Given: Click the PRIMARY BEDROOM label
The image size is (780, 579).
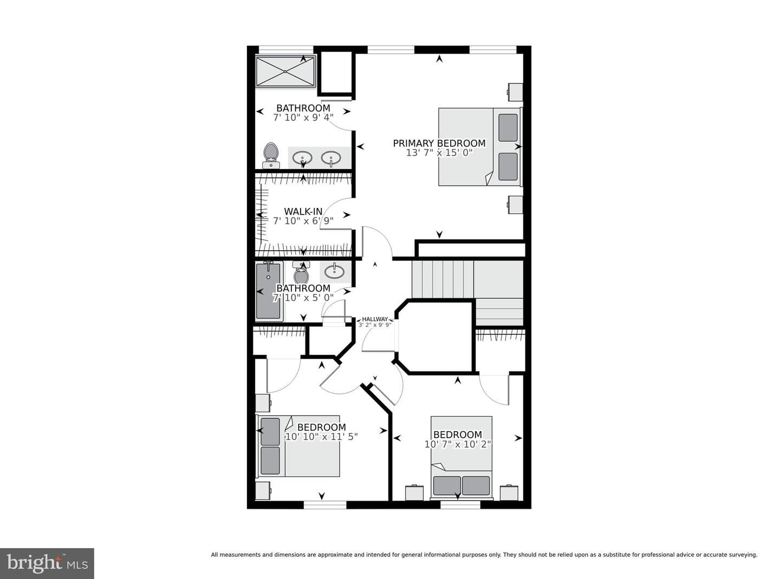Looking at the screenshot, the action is coord(439,144).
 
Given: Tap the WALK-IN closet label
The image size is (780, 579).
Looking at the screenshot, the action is coord(303,211).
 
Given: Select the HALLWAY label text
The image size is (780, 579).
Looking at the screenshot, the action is coord(375,319).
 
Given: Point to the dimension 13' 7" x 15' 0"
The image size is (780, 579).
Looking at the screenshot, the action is coord(439,153).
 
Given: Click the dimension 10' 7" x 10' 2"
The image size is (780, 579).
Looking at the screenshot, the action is coord(458,445).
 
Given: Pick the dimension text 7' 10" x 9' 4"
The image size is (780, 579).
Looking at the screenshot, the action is coord(303,118).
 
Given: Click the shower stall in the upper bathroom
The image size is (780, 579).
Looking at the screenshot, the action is coord(285,71).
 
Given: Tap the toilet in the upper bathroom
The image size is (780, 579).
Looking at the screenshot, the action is coord(271,155).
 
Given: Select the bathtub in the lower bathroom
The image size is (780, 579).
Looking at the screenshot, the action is coord(269,291).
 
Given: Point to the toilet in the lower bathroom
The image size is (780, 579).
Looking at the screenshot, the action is coord(301,272).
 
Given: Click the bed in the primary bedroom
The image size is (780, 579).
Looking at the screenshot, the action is coord(480,147).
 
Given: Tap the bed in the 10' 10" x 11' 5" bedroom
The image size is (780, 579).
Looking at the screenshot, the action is coord(299,446).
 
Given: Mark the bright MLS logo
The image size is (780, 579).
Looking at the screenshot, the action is coord(47,563).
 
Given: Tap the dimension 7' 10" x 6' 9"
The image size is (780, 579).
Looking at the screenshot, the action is coord(303,221).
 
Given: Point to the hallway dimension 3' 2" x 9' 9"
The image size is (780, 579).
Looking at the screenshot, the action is coord(375,325).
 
